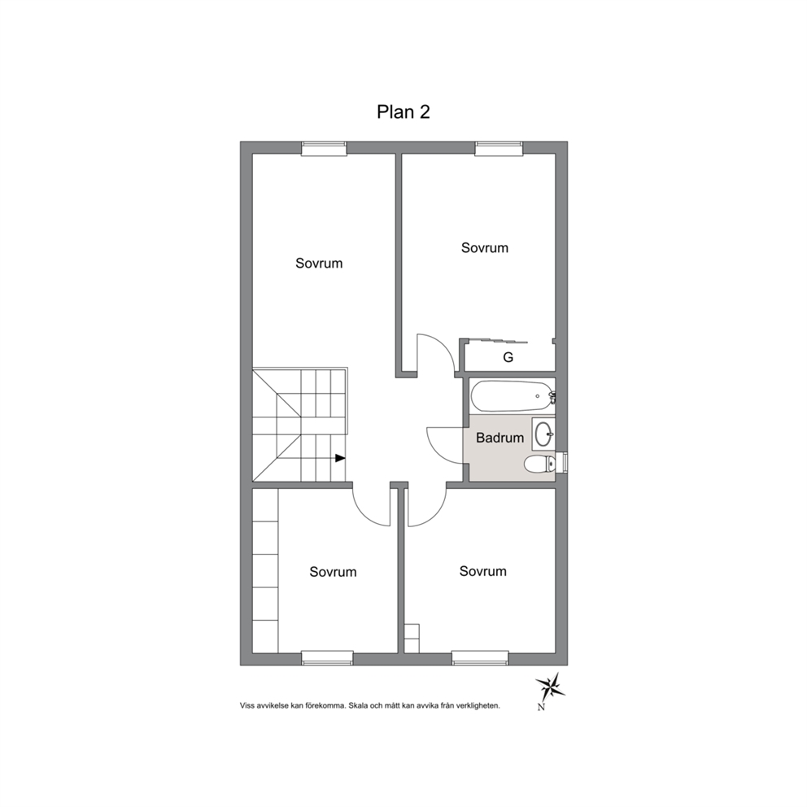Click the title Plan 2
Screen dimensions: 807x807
pyautogui.click(x=403, y=111)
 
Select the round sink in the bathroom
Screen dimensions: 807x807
pyautogui.click(x=543, y=434)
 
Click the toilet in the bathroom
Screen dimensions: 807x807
pyautogui.click(x=539, y=465)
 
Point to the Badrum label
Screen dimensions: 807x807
pyautogui.click(x=499, y=438)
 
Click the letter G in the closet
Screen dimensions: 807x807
pyautogui.click(x=508, y=357)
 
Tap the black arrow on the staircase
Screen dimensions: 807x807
pyautogui.click(x=340, y=457)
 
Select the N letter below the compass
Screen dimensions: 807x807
pyautogui.click(x=541, y=707)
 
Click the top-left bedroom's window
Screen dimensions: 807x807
pyautogui.click(x=324, y=148)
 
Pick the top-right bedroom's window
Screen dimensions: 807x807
pyautogui.click(x=499, y=148)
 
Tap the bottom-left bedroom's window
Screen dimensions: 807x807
pyautogui.click(x=327, y=658)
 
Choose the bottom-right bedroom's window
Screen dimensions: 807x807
pyautogui.click(x=480, y=658)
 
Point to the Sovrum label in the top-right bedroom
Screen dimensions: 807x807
pyautogui.click(x=484, y=248)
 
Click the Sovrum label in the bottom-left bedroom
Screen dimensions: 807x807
pyautogui.click(x=333, y=572)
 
